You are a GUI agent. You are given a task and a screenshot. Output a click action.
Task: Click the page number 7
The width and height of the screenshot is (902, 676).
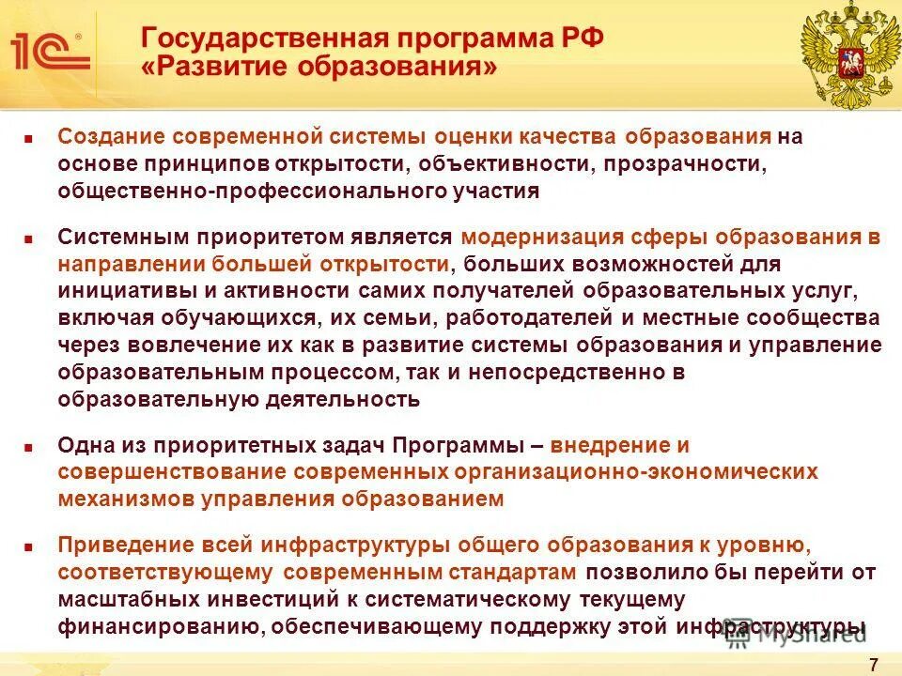click(x=873, y=664)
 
